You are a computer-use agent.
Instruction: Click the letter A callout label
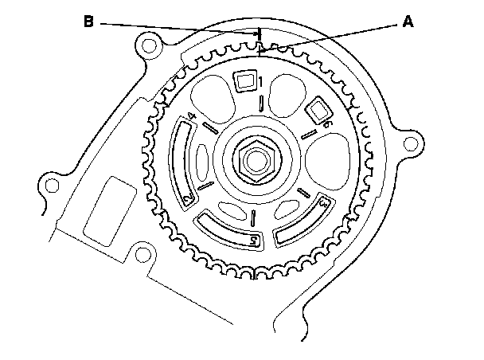pyautogui.click(x=407, y=23)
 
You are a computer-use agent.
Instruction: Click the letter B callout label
pyautogui.click(x=89, y=22)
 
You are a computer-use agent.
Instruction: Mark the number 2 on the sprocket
pyautogui.click(x=188, y=198)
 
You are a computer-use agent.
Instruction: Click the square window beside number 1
pyautogui.click(x=244, y=80)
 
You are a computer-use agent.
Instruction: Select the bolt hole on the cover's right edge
pyautogui.click(x=412, y=143)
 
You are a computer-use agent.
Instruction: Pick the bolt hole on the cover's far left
pyautogui.click(x=52, y=186)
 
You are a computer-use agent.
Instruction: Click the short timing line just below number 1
pyautogui.click(x=262, y=101)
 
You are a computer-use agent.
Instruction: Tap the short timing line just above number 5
pyautogui.click(x=252, y=217)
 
